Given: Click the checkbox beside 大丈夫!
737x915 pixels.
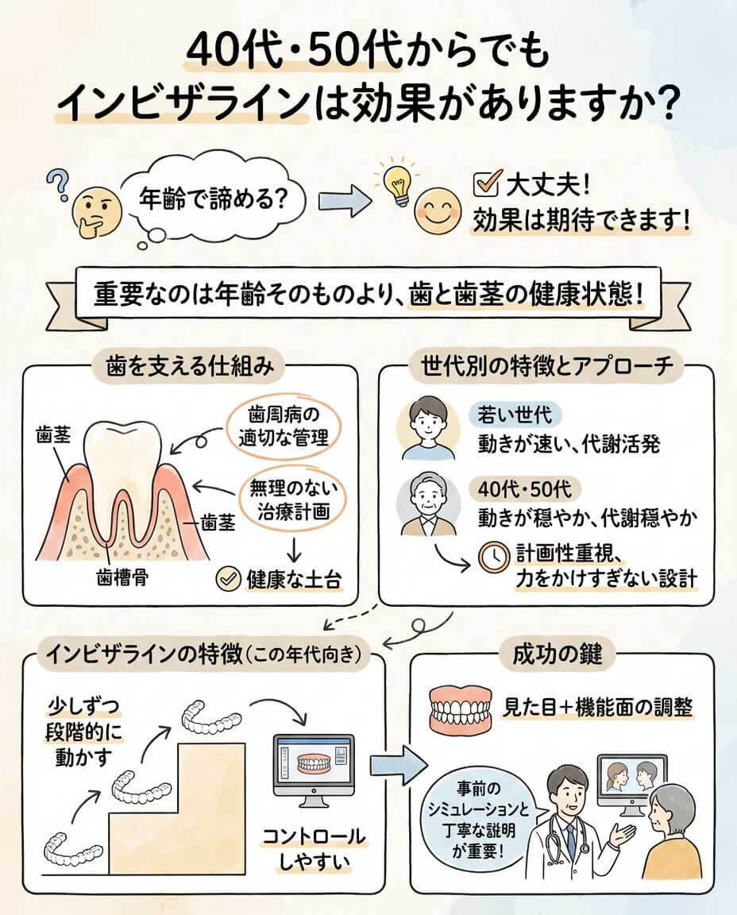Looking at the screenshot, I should click(484, 185).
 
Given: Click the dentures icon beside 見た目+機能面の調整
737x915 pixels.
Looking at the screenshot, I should click(458, 706).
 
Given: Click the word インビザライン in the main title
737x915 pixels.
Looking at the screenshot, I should click(182, 106).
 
